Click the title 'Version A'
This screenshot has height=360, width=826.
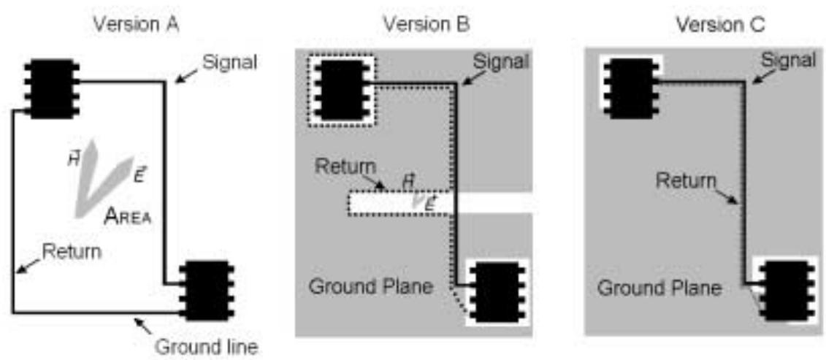[136, 25]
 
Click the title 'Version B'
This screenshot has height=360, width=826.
[427, 25]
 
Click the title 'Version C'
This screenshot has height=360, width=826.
[720, 25]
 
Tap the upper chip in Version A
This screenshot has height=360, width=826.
[51, 89]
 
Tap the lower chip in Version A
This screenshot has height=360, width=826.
[206, 291]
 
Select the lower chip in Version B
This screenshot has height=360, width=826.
[497, 291]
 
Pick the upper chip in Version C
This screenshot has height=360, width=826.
[631, 89]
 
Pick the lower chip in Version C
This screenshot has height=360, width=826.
[785, 291]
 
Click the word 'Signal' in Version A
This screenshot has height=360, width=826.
[229, 64]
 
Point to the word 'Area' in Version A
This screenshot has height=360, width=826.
[128, 216]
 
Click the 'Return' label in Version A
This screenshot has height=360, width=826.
[72, 251]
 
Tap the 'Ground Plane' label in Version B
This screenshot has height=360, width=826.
[371, 287]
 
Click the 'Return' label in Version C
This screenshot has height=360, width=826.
[686, 181]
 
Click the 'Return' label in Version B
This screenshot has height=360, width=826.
[345, 167]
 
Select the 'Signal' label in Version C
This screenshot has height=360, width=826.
[790, 61]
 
